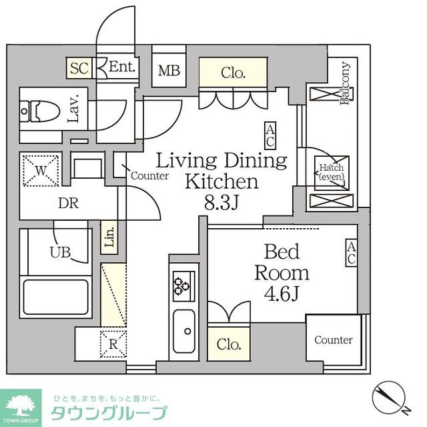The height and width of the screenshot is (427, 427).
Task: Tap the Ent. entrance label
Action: click(122, 67)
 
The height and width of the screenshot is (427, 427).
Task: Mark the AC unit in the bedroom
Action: click(351, 254)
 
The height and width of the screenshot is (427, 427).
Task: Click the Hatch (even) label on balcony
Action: click(330, 173)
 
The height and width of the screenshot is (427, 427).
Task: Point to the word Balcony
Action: click(346, 83)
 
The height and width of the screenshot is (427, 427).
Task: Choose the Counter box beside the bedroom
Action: click(334, 340)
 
